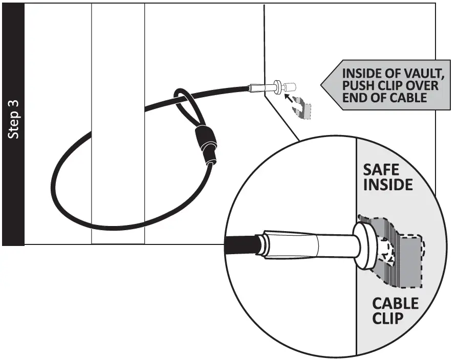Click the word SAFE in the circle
point(381,170)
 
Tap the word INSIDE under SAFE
point(387,185)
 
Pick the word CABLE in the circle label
point(395,304)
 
